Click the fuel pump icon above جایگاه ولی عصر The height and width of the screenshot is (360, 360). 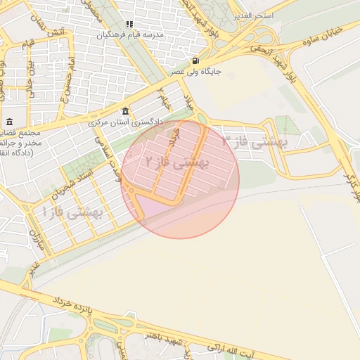coord(194,60)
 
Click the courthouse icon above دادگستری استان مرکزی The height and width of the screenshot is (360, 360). coord(125,110)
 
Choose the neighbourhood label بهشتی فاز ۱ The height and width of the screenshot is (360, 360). coord(73,211)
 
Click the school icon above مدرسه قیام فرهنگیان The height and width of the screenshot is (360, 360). coord(129,24)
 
